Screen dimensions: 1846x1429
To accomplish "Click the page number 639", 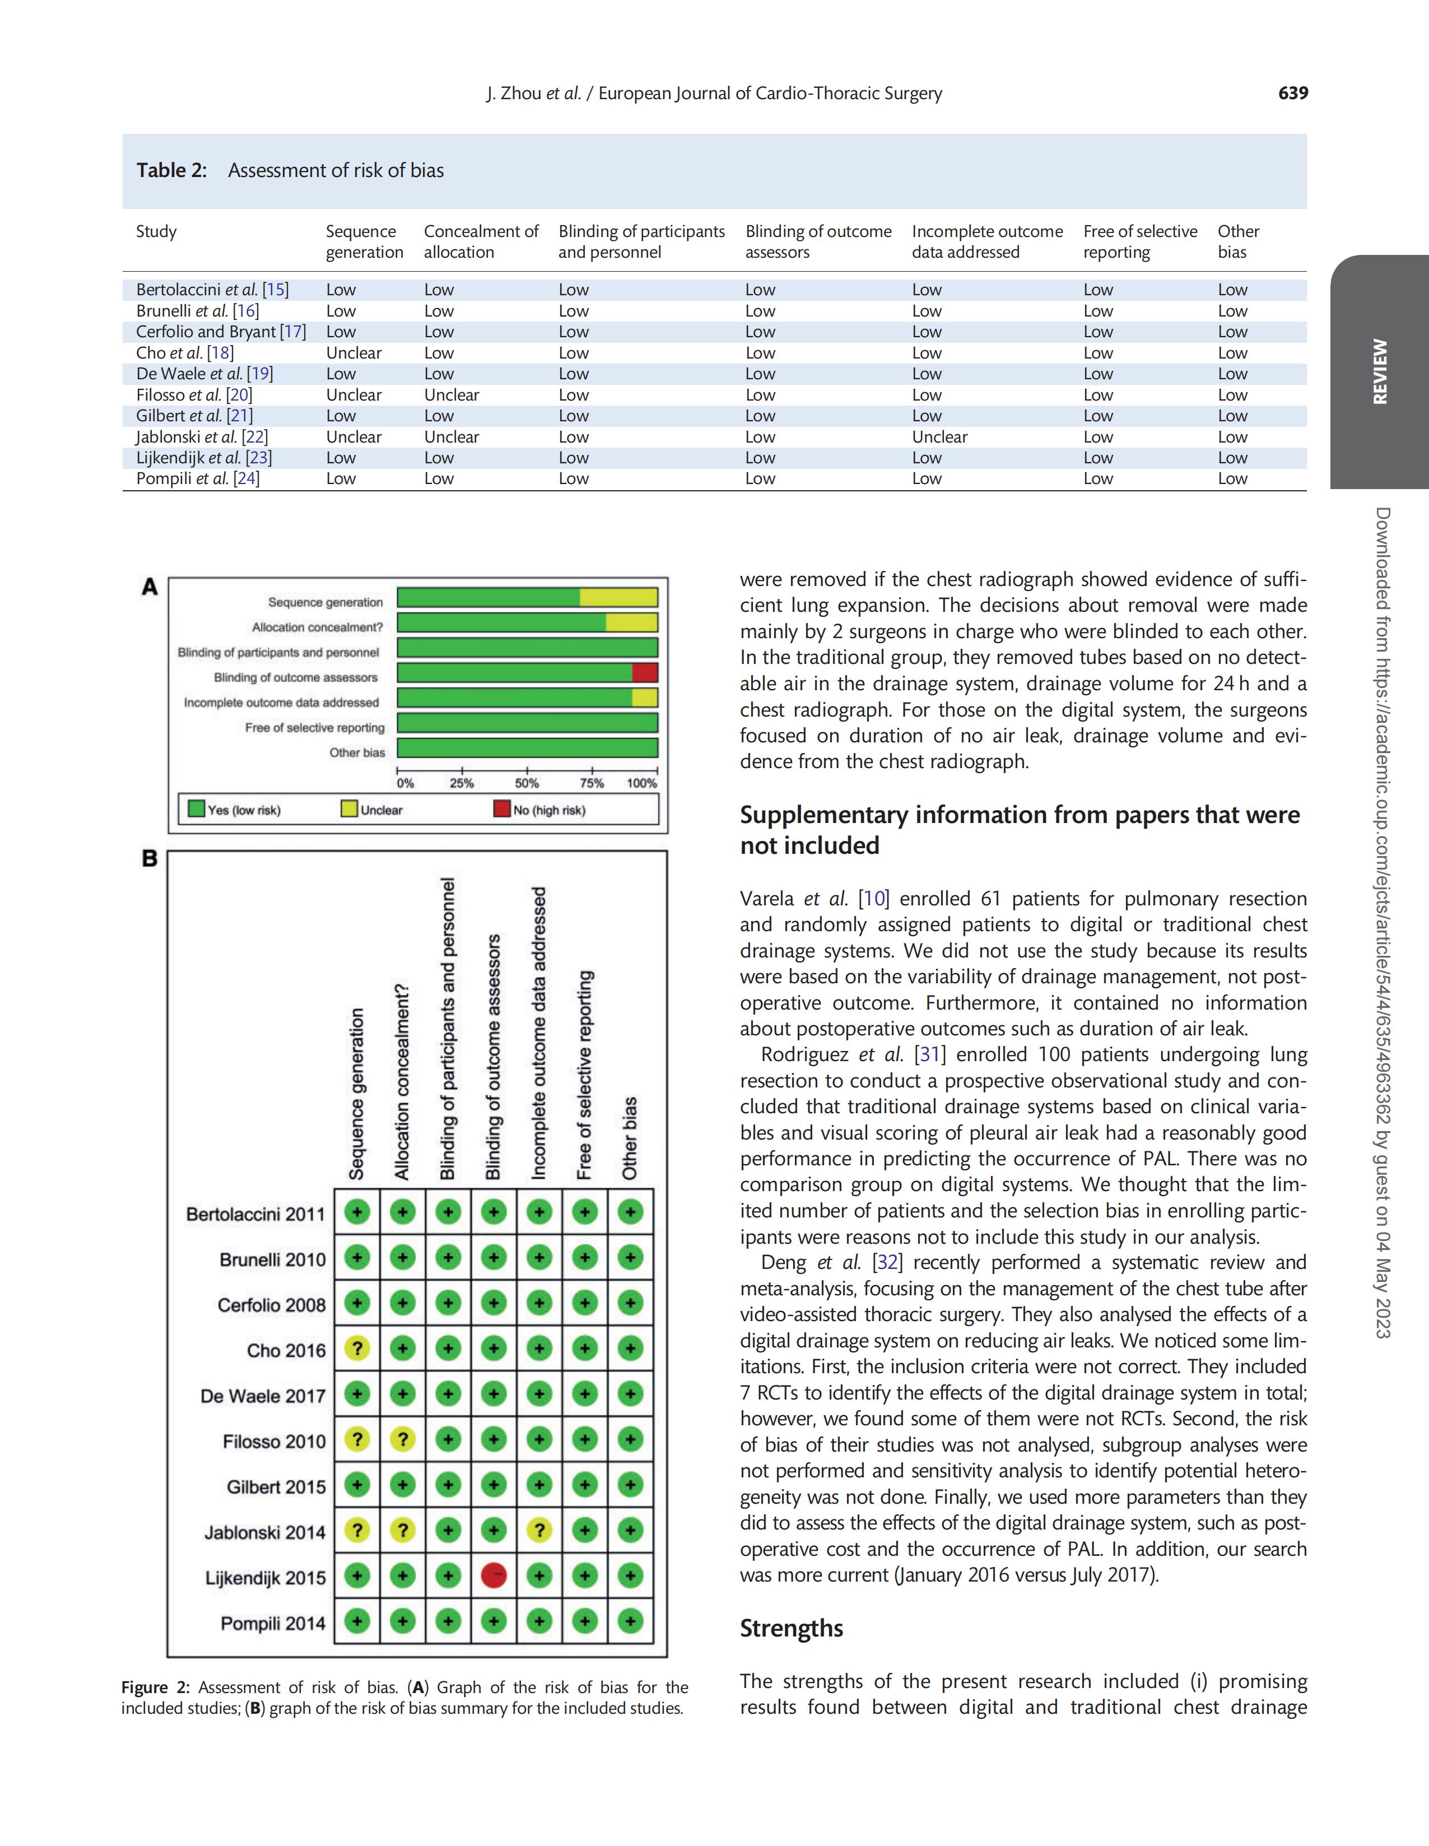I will click(1292, 93).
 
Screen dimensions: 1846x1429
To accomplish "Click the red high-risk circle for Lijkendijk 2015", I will click(494, 1575).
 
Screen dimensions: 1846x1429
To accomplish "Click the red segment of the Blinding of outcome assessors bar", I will click(645, 673).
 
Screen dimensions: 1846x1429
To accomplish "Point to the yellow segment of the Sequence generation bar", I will click(618, 598).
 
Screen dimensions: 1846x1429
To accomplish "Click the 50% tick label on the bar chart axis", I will click(527, 784).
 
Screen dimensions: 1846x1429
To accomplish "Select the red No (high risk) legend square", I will click(502, 809).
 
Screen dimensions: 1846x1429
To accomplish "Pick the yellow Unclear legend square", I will click(348, 809).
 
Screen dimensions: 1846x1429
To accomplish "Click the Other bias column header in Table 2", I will click(1238, 241).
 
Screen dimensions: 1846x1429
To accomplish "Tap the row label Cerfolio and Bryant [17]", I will click(221, 331).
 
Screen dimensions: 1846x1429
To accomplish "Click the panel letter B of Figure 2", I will click(150, 859).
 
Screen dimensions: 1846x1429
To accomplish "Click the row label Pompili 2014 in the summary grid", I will click(272, 1623).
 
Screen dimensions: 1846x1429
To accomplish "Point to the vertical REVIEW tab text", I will click(1379, 372).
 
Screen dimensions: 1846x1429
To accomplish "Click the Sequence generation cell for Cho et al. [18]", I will click(353, 352).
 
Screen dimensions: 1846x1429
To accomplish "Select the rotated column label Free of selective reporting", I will click(584, 1075).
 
